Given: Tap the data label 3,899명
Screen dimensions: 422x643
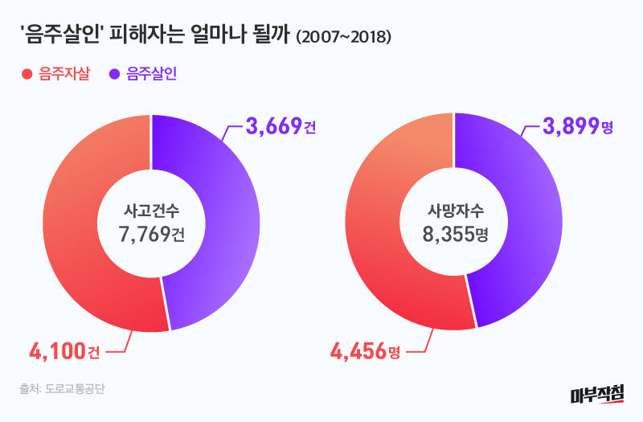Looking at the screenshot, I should tap(579, 126).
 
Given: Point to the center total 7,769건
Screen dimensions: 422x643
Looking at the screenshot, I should tap(151, 236).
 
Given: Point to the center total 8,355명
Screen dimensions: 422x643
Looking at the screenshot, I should tap(455, 236).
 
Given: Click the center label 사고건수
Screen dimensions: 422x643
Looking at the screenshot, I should tap(151, 211).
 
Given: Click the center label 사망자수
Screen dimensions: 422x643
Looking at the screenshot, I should tap(455, 211).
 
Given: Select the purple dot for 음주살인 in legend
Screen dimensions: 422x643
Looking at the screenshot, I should tap(116, 75).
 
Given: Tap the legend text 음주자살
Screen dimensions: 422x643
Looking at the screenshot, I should tap(64, 75).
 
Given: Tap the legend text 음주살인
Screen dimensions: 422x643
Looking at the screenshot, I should tap(152, 75).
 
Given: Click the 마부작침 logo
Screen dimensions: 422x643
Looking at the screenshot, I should tap(596, 394).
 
